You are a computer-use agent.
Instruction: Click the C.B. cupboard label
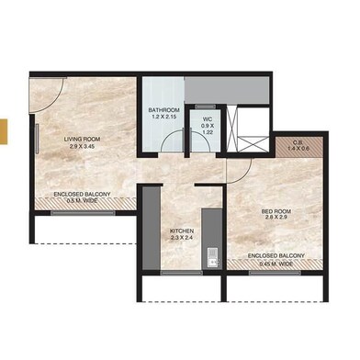coord(286,141)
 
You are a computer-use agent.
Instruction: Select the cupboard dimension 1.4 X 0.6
coord(286,149)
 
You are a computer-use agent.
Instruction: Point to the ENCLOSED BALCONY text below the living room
coord(83,196)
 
